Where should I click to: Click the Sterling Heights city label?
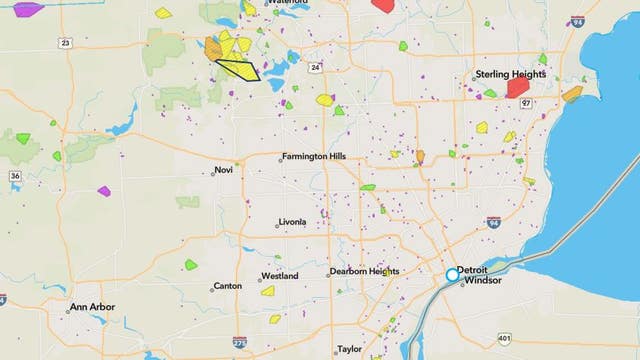(x=511, y=74)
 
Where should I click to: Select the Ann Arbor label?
(x=92, y=307)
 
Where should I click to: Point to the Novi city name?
(x=222, y=170)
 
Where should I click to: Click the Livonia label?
(x=293, y=223)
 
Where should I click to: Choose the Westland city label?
(x=279, y=275)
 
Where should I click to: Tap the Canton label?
(x=227, y=287)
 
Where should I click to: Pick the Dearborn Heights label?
(x=364, y=272)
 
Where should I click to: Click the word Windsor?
(x=482, y=282)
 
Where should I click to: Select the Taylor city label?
(x=349, y=349)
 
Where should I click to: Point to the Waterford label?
(x=292, y=3)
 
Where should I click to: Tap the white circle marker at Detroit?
(x=452, y=274)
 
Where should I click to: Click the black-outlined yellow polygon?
(x=238, y=70)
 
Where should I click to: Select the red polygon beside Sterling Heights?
(x=517, y=87)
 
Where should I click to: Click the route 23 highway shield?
(x=65, y=43)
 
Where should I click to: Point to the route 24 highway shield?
(x=315, y=68)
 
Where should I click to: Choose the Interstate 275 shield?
(x=239, y=343)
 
